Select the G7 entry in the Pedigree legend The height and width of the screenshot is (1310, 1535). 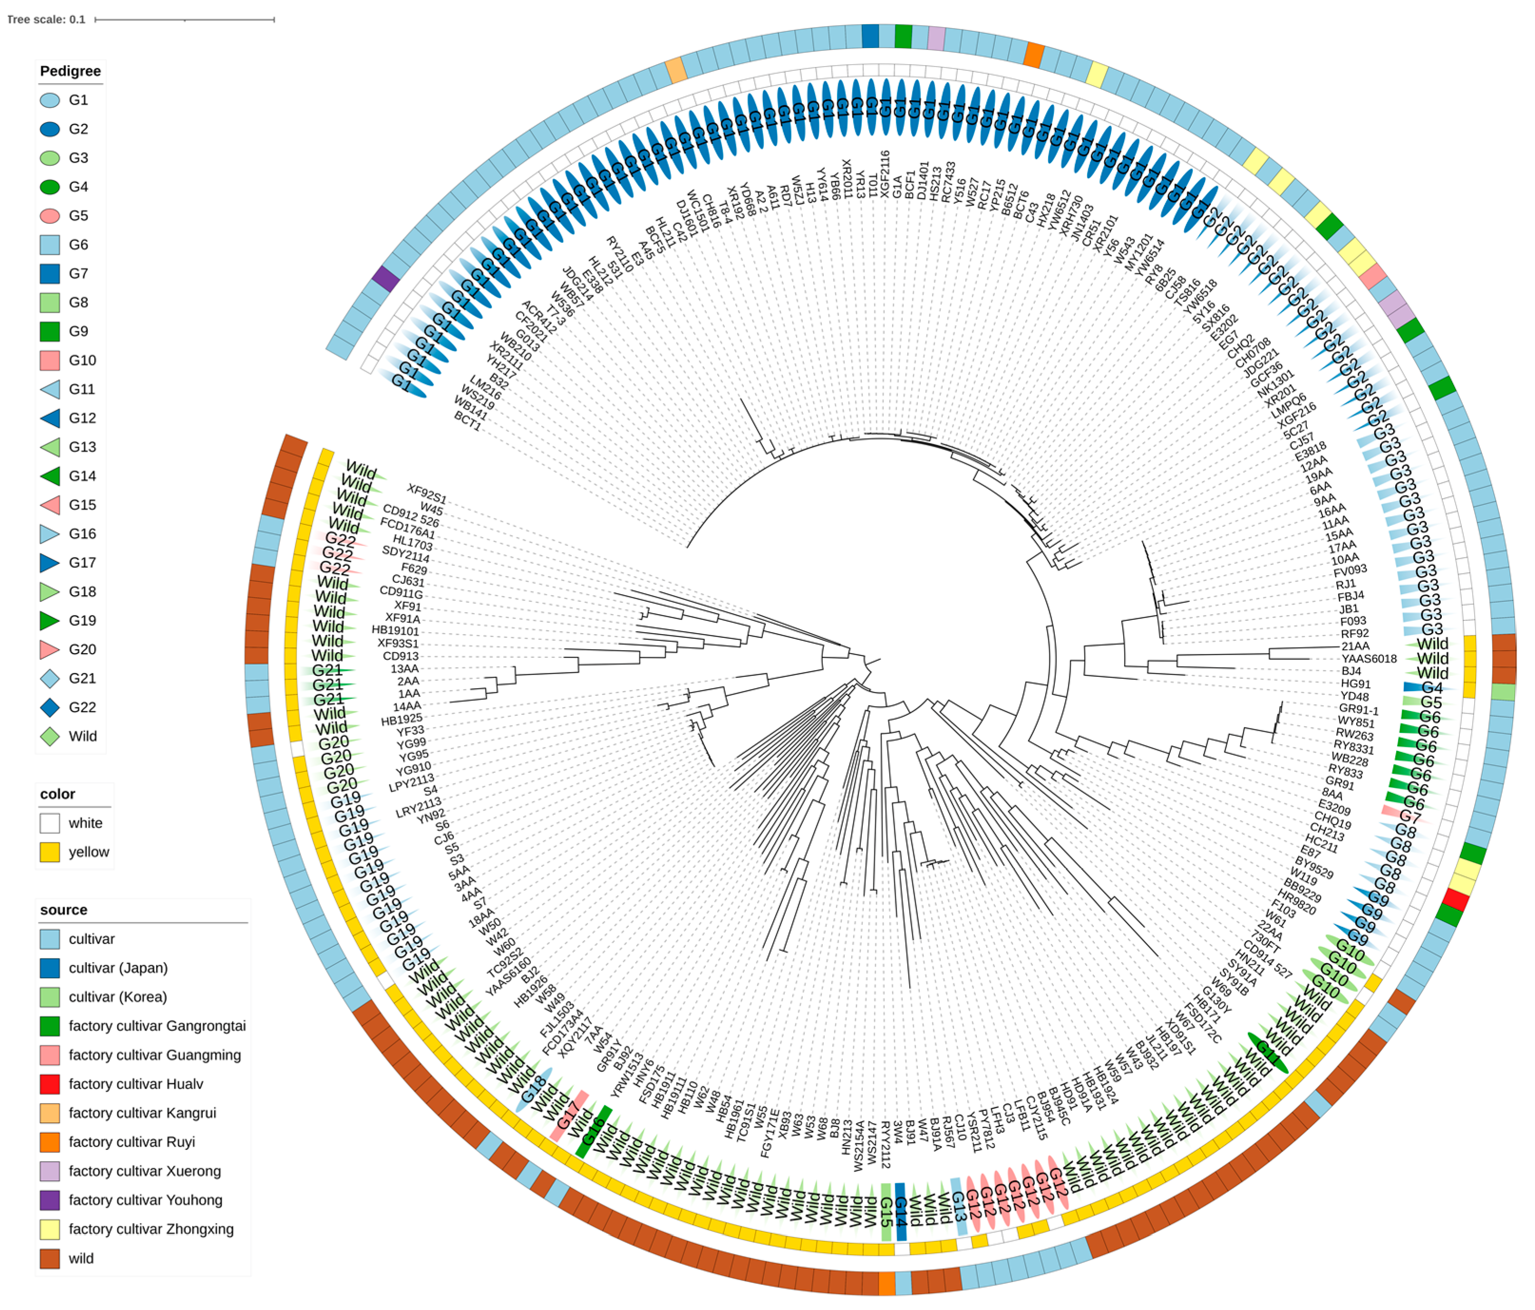point(78,273)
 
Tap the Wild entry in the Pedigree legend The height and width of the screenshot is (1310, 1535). point(82,736)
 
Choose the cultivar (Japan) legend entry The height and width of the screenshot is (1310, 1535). point(118,968)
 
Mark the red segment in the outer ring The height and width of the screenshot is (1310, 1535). point(1456,899)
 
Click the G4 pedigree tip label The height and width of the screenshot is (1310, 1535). point(1431,688)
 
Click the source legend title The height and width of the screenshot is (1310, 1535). point(64,909)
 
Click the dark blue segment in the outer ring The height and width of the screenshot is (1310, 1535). point(870,36)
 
